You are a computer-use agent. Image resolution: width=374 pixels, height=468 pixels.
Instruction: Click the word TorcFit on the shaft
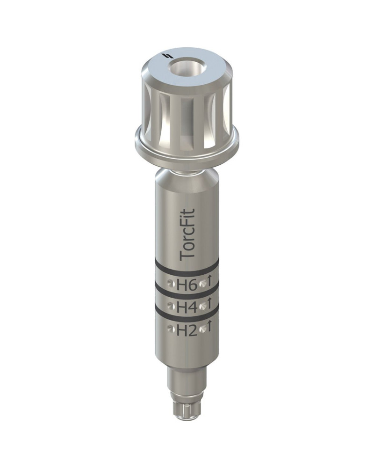[188, 234]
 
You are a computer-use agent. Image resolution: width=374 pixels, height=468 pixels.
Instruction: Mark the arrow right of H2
[210, 328]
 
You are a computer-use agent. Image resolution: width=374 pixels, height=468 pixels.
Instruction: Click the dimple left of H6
[171, 283]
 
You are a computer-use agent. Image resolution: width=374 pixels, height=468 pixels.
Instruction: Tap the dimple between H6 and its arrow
[202, 283]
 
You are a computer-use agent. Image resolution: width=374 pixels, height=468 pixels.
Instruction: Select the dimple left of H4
[171, 307]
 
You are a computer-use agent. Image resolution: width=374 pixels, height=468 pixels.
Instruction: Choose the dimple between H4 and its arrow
[202, 307]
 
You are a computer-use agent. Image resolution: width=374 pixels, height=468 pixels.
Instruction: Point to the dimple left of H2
[171, 330]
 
